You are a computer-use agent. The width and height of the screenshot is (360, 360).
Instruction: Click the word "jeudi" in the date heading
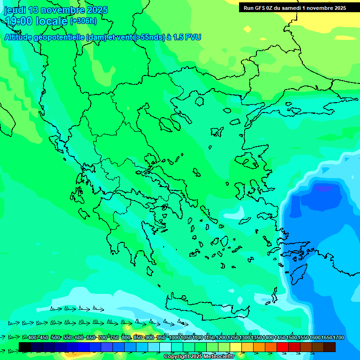coord(15,10)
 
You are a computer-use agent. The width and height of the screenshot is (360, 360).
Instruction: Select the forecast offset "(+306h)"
coord(83,21)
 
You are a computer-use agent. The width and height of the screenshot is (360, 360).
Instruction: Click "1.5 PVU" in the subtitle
coord(187,37)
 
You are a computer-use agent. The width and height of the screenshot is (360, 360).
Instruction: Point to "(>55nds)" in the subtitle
coord(149,37)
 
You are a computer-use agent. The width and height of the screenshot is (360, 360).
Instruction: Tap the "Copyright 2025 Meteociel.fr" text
coord(199,357)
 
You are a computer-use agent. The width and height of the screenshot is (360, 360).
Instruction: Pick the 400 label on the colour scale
coord(32,337)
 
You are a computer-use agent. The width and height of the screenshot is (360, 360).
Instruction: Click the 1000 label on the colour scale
coord(174,337)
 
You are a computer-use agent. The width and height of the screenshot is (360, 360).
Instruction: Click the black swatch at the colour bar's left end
coord(25,347)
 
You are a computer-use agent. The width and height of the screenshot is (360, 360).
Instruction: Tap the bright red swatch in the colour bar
coord(282,347)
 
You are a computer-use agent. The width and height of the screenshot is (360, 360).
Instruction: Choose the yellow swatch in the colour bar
coord(236,347)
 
